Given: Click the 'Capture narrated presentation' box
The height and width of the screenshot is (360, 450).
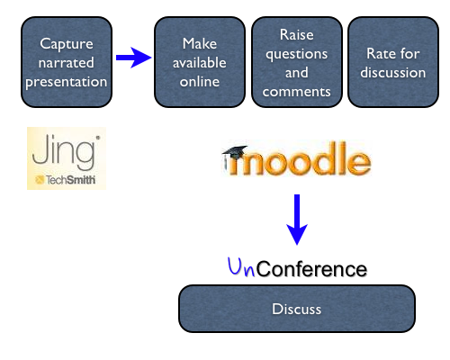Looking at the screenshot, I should [67, 61].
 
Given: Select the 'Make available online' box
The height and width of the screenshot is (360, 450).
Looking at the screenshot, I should [200, 61].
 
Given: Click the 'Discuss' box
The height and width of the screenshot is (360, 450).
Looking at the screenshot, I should [296, 309].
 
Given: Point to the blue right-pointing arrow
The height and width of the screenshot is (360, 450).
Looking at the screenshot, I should [133, 58].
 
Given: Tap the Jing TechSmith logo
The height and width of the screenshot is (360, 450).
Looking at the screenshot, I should [66, 158].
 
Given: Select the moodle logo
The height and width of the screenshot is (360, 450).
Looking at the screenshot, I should [296, 162].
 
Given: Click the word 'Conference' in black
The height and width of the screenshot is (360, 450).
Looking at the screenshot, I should [311, 269].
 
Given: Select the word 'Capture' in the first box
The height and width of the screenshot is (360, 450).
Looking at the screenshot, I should [67, 43].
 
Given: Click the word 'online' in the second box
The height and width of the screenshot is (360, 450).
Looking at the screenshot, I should [200, 80].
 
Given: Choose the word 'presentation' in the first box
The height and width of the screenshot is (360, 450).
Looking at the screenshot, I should [67, 81].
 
